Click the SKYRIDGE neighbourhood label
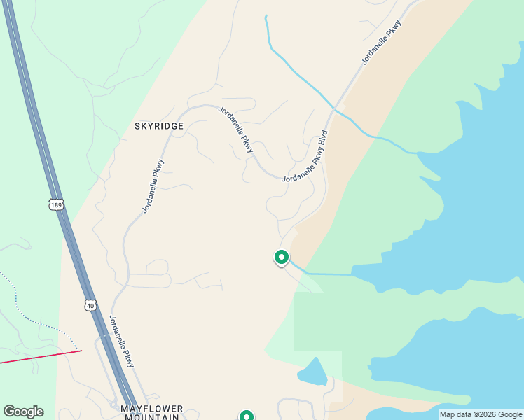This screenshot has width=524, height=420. (159, 126)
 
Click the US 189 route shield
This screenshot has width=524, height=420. (56, 204)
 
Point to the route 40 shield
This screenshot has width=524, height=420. (90, 305)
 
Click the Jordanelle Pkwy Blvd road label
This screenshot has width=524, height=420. (305, 156)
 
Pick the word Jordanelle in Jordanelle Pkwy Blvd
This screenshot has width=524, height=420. (296, 171)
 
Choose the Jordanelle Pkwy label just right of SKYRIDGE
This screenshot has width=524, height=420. (235, 130)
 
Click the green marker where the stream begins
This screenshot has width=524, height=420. (282, 258)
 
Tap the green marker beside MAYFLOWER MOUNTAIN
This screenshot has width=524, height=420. (247, 416)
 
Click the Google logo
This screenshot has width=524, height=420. (23, 412)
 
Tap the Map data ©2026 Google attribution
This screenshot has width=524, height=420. (481, 414)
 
